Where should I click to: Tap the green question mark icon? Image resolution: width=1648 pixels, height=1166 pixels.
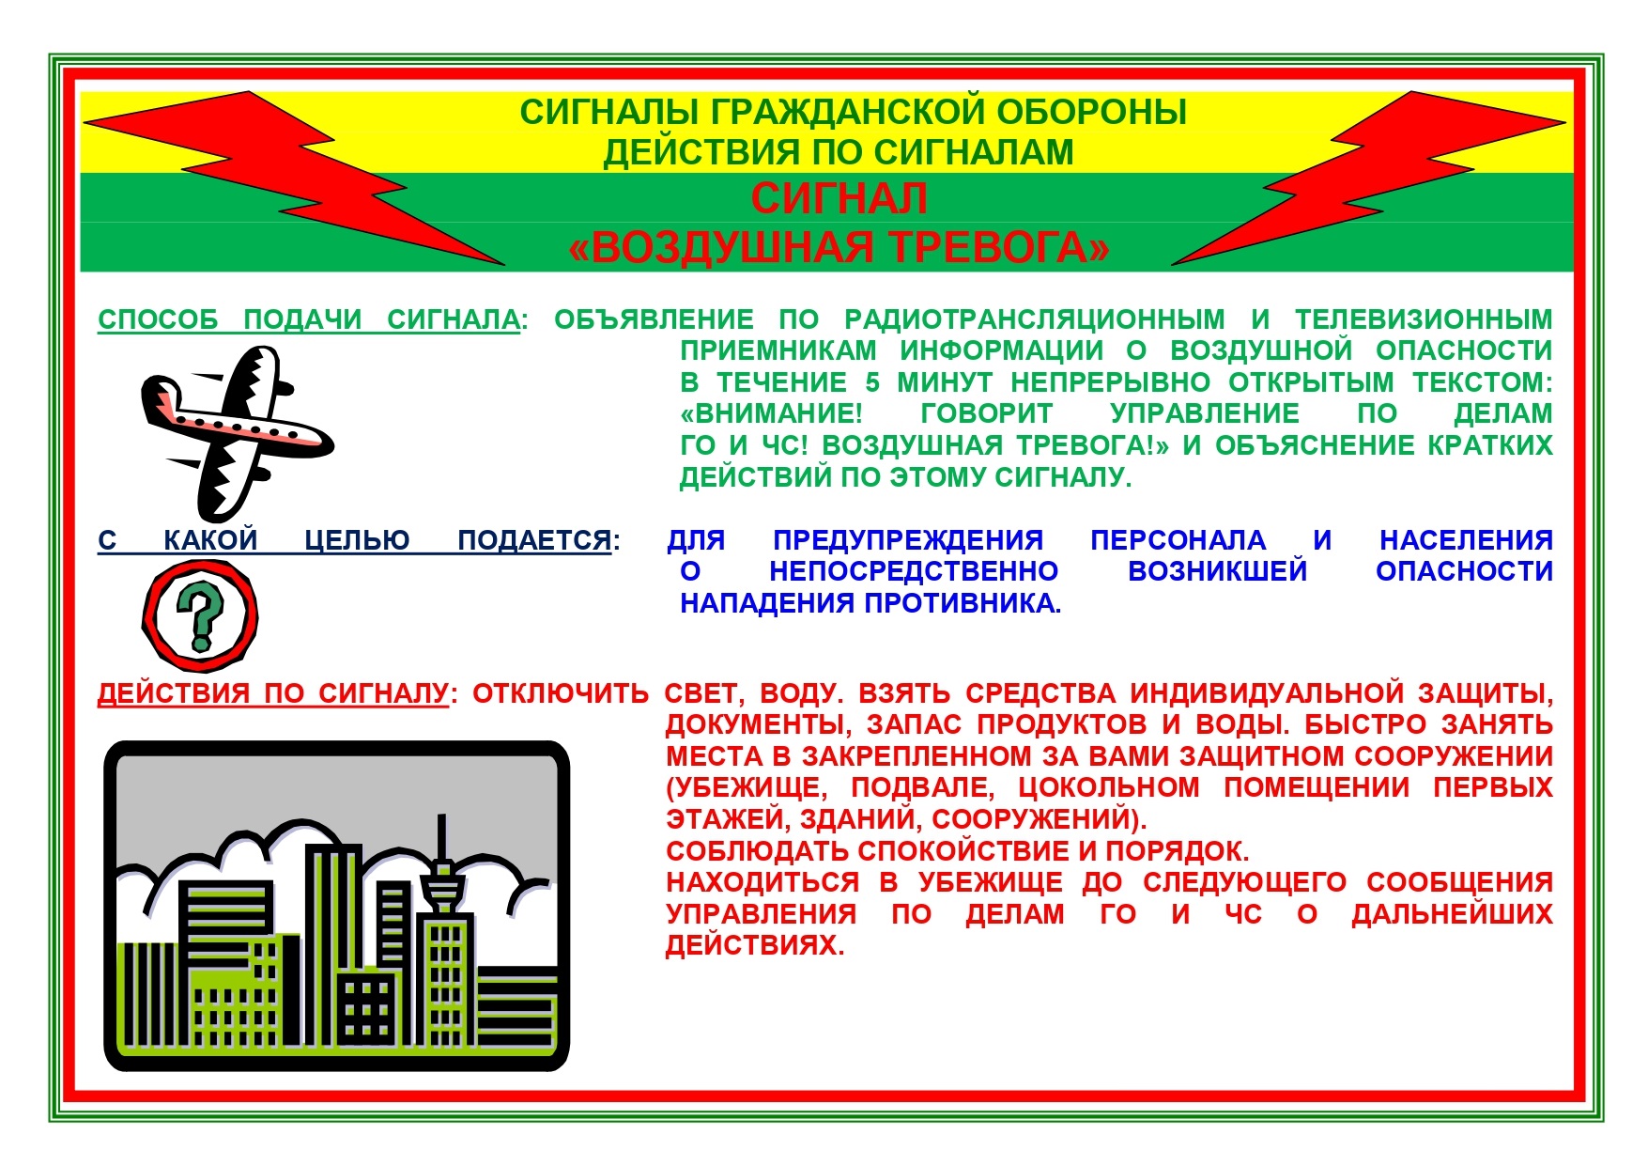coord(200,616)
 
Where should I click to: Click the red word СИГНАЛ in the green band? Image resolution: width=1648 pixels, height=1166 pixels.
coord(839,198)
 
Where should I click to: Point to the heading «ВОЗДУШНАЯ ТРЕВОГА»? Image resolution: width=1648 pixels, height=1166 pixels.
coord(839,247)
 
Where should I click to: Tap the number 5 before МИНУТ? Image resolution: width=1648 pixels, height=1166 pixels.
coord(872,382)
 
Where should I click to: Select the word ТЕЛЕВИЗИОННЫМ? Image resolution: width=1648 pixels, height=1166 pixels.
coord(1424,319)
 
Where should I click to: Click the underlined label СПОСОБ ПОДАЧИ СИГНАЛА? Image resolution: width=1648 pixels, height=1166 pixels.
coord(309,320)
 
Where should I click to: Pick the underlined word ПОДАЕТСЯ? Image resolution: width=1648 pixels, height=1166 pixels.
coord(534,540)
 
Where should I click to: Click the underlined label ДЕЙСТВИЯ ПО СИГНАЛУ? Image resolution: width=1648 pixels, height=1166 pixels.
coord(273,693)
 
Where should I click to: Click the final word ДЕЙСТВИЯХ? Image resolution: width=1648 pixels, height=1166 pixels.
coord(755,945)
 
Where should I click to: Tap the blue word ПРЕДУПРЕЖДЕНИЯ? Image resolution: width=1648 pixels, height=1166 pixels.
coord(908,540)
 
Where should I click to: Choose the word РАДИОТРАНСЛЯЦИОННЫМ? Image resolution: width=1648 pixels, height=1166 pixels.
coord(1035,319)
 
